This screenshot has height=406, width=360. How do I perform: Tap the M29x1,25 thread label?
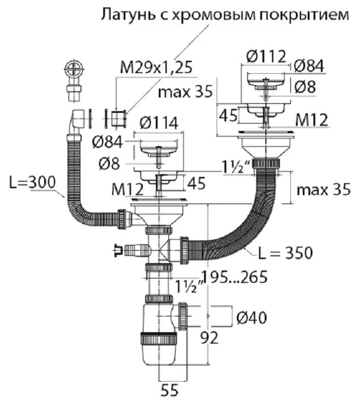point(156,67)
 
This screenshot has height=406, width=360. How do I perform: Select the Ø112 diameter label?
point(266,56)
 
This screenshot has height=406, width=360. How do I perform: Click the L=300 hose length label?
point(32,182)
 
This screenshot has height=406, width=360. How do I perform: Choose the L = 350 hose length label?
point(286,252)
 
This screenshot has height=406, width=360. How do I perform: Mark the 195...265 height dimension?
point(234,277)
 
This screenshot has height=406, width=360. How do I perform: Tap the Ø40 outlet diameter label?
point(251,318)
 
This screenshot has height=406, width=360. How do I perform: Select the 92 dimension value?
point(210,337)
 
